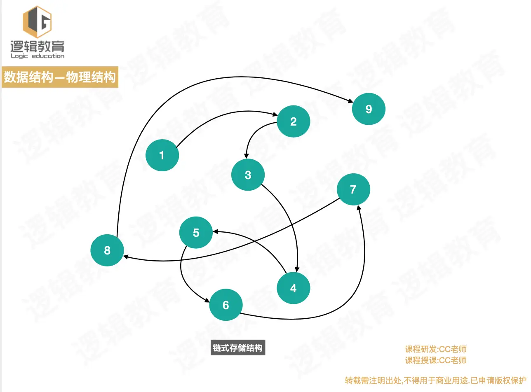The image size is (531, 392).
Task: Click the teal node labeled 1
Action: pos(162,155)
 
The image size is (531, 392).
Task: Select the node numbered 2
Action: pos(293,121)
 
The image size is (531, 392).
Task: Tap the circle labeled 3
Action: pos(248,175)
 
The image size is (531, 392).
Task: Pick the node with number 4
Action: pos(293,288)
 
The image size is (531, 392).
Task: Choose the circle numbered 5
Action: pos(196,233)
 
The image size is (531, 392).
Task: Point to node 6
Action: pos(226,305)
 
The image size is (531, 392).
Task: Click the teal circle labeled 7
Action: pos(353,189)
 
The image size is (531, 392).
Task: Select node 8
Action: pos(107,250)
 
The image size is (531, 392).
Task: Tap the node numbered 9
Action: pos(369,109)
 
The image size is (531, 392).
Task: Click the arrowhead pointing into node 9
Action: pos(350,102)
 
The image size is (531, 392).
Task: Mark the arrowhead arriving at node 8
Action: pos(126,257)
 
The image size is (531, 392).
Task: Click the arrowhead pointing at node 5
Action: pos(215,232)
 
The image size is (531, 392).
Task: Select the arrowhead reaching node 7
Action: pos(360,208)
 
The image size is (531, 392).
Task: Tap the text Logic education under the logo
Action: pos(37,56)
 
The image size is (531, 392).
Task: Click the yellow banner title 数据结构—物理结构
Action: pos(60,77)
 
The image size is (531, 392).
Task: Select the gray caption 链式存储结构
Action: pos(237,348)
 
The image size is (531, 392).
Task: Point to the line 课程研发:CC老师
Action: pos(436,350)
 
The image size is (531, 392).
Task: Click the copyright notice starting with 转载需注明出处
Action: pos(436,380)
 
